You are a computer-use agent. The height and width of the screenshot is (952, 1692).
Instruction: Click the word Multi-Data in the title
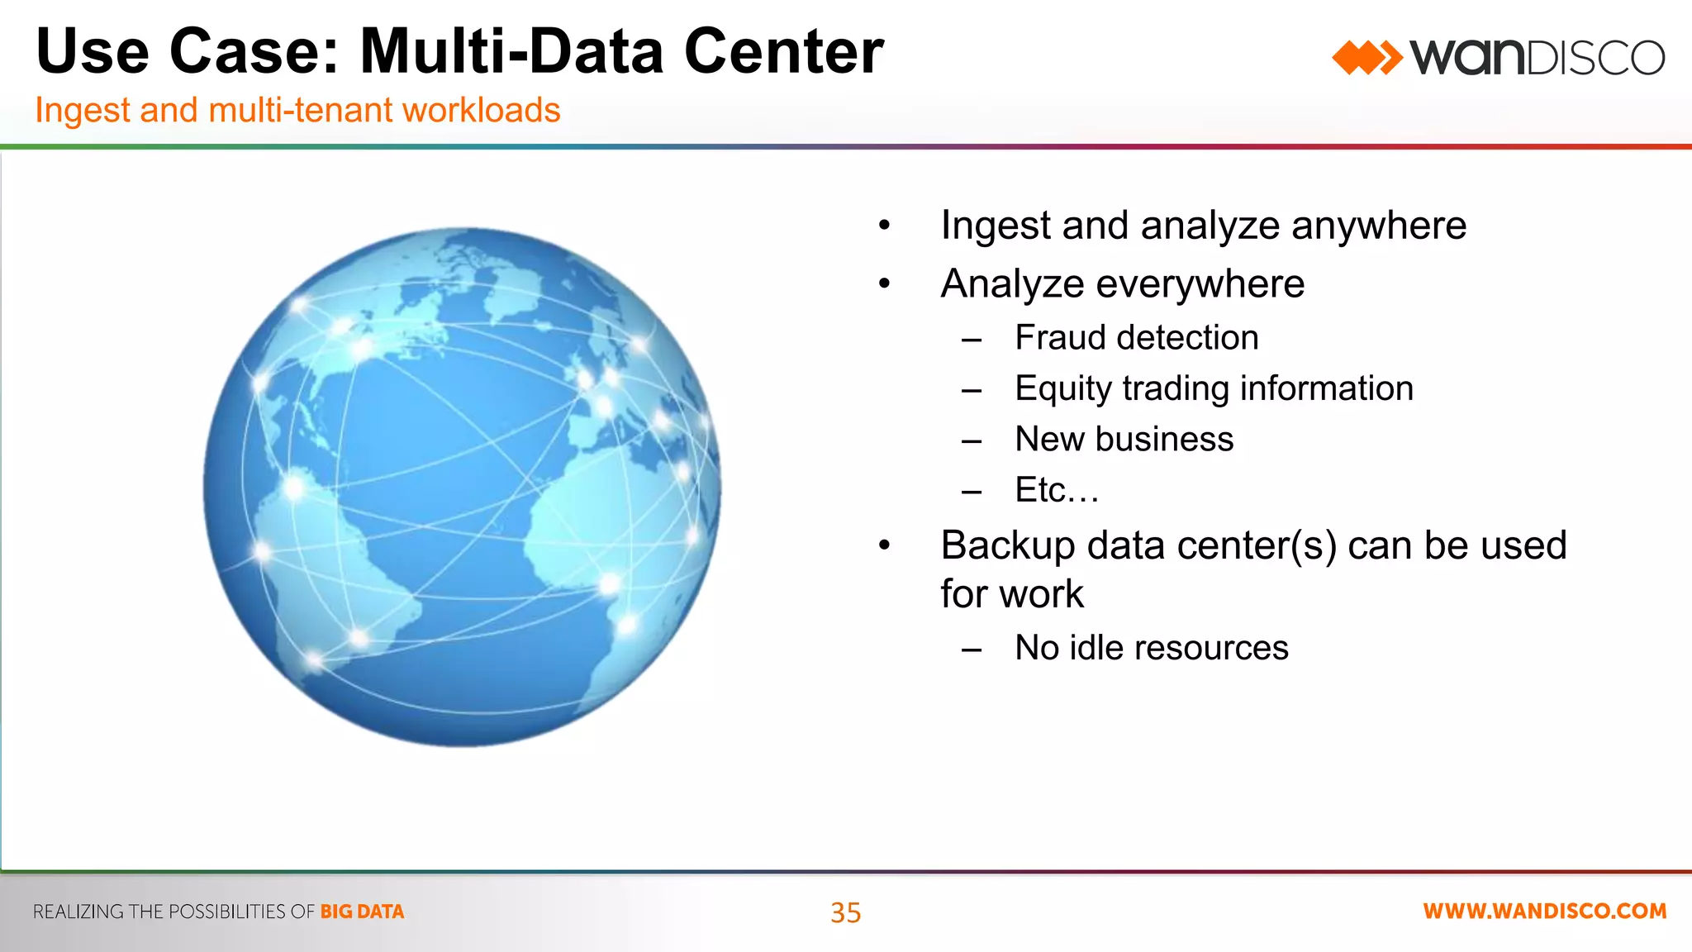point(512,51)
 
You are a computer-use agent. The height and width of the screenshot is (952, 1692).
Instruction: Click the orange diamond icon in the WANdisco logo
point(1366,58)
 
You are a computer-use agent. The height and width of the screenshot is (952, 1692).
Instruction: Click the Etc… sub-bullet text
point(1057,490)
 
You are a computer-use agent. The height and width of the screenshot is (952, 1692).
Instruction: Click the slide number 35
point(845,912)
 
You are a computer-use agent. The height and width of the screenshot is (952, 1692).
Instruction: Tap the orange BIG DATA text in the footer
point(362,912)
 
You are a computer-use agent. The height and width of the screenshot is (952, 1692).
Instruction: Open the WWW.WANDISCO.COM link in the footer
point(1544,911)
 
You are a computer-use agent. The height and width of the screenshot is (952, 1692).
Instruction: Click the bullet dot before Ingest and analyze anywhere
point(885,226)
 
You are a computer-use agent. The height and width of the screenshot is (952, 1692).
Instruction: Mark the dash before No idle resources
point(972,650)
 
